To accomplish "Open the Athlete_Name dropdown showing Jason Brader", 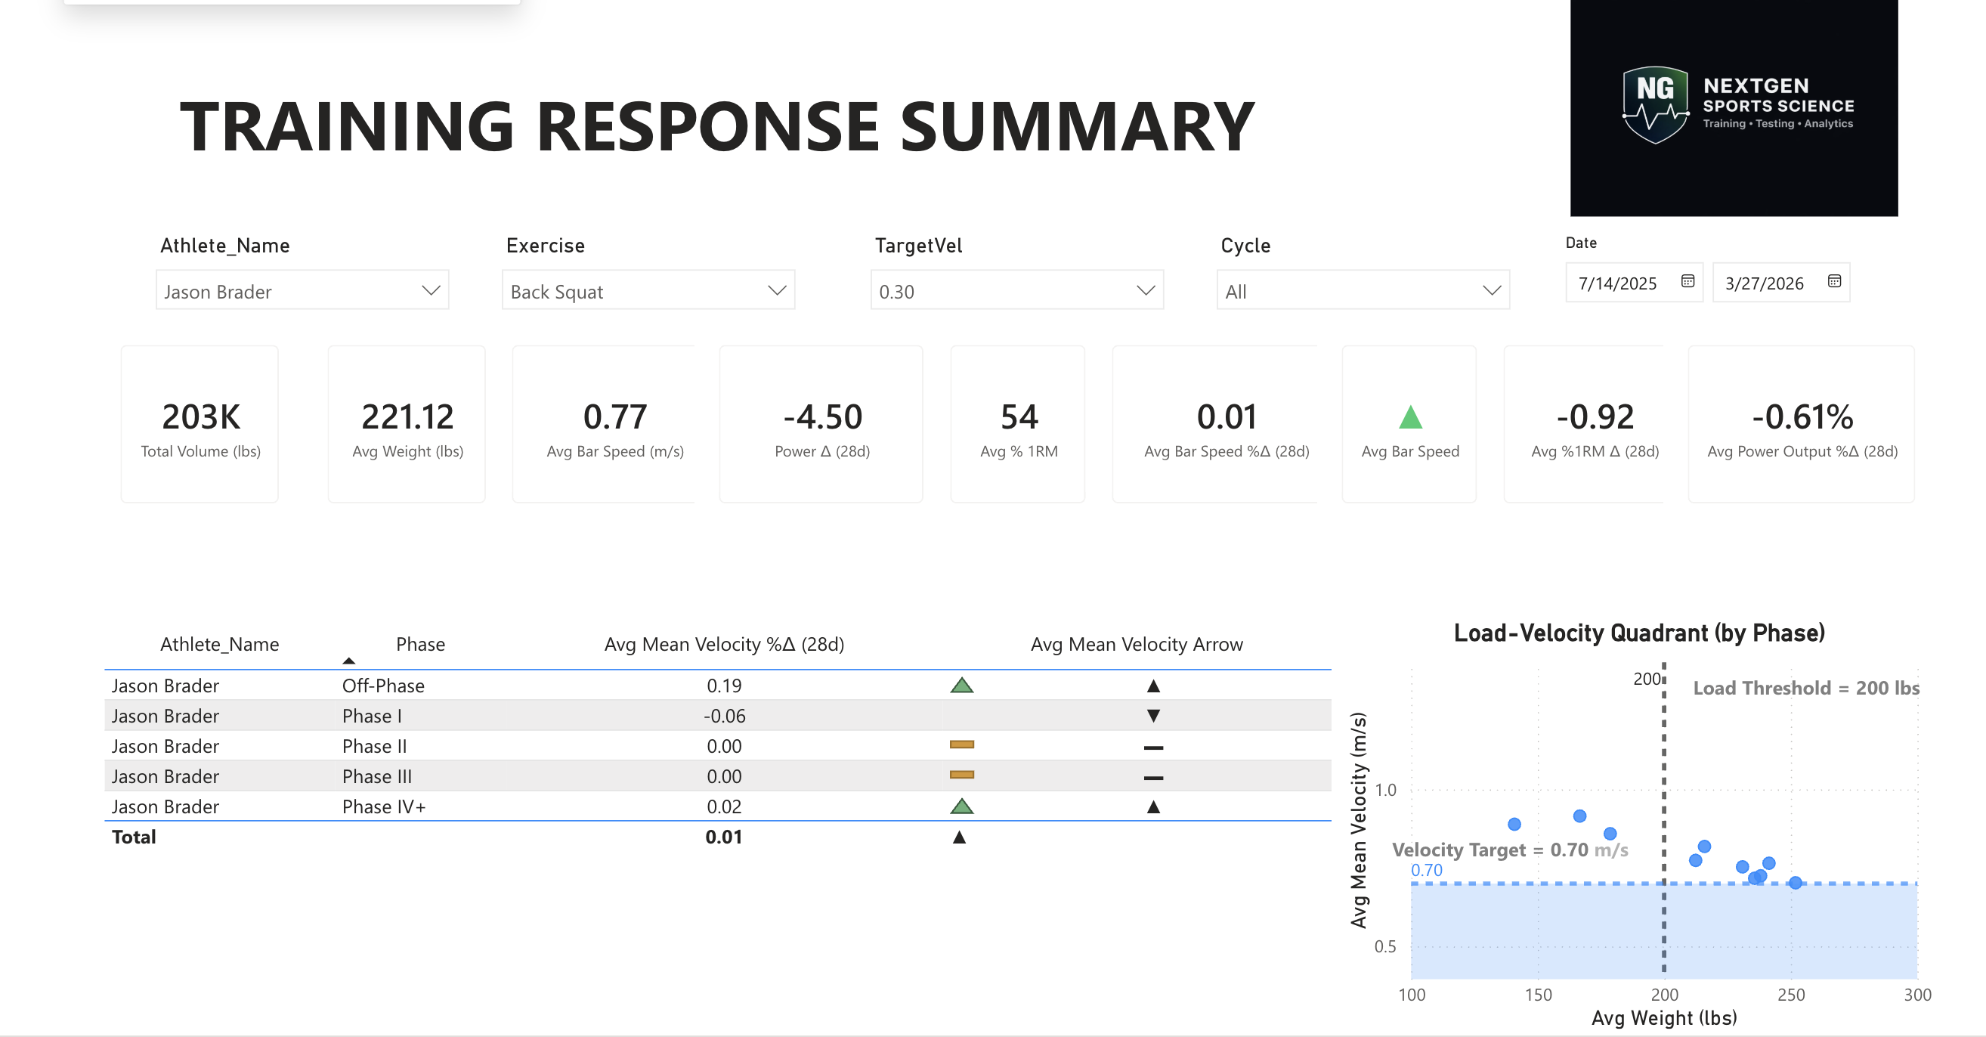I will tap(302, 291).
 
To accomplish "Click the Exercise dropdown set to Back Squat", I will tap(648, 291).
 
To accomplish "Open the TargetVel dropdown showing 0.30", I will tap(1016, 291).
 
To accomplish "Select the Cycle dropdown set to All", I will tap(1363, 291).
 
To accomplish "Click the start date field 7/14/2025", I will tap(1617, 283).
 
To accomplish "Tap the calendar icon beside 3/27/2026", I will tap(1834, 281).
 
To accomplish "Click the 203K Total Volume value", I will tap(200, 417).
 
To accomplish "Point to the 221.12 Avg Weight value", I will tap(407, 417).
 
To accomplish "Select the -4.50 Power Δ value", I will tap(822, 417).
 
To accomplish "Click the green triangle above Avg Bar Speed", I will tap(1410, 417).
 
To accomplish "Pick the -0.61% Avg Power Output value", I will tap(1802, 417).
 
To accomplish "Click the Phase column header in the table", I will tap(420, 644).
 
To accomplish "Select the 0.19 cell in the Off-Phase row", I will tap(724, 686).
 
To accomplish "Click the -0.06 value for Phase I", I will tap(724, 716).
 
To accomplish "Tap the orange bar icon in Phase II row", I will tap(961, 744).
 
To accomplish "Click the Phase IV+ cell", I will tap(384, 806).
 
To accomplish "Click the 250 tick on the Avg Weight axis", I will tap(1790, 995).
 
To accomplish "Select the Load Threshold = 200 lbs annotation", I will tap(1805, 688).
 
